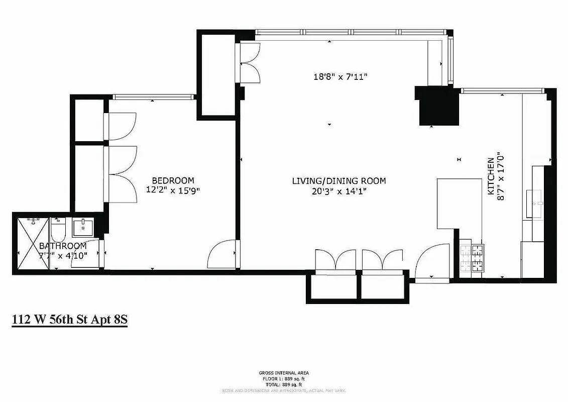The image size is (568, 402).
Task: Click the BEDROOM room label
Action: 173,180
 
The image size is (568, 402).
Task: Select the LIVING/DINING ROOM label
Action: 339,181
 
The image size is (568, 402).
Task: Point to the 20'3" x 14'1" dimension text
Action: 339,190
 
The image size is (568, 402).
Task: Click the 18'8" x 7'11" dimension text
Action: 341,77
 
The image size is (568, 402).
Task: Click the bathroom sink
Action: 82,228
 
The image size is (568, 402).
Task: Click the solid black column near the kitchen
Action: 438,108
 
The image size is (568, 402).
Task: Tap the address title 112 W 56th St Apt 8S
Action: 69,320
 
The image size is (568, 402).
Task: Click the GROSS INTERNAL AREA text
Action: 284,373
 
